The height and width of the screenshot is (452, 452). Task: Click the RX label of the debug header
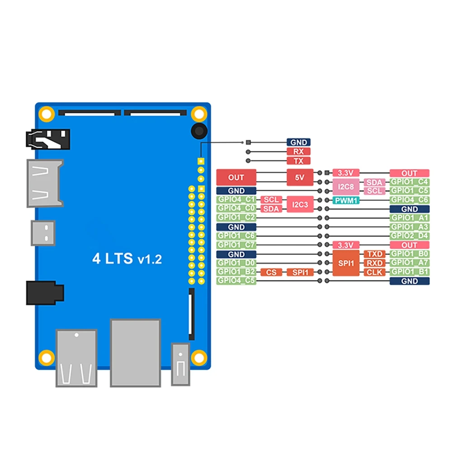click(x=298, y=152)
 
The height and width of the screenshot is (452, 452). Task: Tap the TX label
click(x=298, y=161)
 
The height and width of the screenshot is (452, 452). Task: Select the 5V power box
click(x=300, y=178)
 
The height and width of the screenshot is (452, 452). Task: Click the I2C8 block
click(x=345, y=186)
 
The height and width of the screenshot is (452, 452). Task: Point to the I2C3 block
click(x=300, y=204)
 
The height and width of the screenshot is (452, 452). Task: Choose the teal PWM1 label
click(x=346, y=200)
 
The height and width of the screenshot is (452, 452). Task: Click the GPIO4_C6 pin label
click(x=410, y=200)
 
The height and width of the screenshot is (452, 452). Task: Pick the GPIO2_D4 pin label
click(x=410, y=236)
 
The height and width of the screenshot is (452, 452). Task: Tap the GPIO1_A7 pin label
click(x=410, y=263)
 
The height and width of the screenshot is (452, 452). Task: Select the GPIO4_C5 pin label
click(x=236, y=281)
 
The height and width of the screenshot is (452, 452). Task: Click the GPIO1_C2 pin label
click(x=236, y=217)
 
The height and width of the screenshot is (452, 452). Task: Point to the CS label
click(x=271, y=272)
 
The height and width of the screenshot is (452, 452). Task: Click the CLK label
click(x=375, y=272)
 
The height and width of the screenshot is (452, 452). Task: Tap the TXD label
click(x=375, y=254)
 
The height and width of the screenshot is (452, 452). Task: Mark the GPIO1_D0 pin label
click(x=236, y=263)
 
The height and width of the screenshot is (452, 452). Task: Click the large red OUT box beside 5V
click(x=236, y=178)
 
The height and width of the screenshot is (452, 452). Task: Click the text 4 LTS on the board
click(x=113, y=259)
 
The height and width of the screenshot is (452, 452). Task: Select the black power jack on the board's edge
click(x=45, y=293)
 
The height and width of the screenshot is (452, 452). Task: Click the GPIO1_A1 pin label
click(x=410, y=218)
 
